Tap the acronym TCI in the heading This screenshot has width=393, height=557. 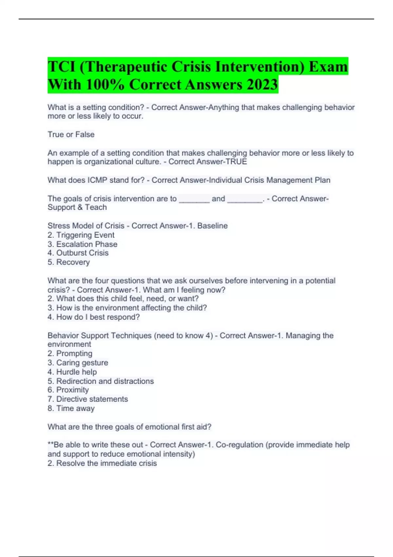coord(61,67)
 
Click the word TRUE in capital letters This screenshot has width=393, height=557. coord(236,162)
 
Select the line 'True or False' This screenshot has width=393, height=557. coord(71,135)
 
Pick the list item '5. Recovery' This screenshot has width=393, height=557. coord(69,262)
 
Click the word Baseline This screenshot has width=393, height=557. coord(212,226)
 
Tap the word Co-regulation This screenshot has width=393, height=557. coord(239,445)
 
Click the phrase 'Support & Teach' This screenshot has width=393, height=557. coord(77,207)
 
